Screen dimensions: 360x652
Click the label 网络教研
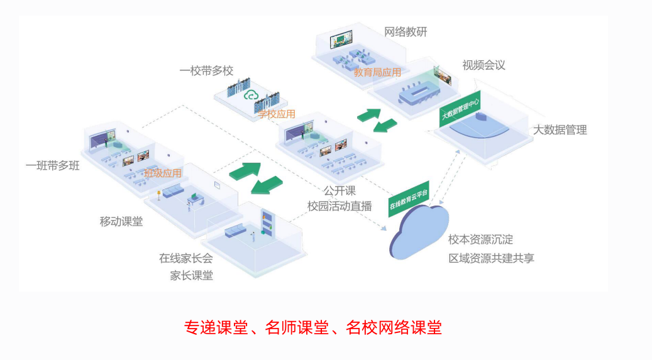pos(406,32)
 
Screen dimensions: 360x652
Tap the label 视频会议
pos(483,65)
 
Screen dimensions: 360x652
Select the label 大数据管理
pos(560,130)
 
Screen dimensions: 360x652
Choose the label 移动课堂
pos(121,221)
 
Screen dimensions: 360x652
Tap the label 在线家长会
pos(185,258)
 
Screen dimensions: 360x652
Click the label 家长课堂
pos(191,275)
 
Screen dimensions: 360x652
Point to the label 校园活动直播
pos(340,205)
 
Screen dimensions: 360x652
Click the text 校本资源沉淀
pos(480,239)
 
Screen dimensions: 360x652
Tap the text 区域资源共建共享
pos(491,258)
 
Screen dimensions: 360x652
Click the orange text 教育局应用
pos(377,72)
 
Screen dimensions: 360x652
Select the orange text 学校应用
pos(277,114)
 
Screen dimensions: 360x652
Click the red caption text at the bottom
pos(312,327)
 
